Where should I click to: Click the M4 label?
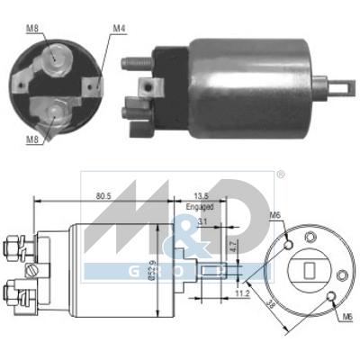pos(119,28)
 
